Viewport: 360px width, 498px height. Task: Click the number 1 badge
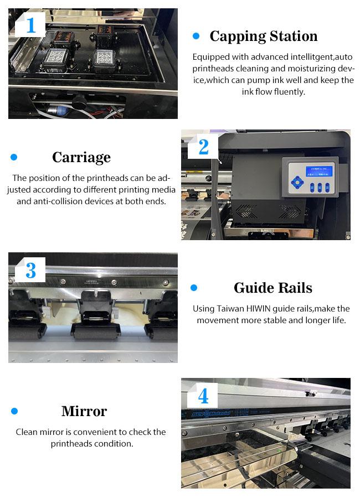point(30,25)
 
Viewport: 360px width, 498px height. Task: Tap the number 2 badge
point(203,147)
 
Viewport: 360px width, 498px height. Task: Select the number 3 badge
point(30,270)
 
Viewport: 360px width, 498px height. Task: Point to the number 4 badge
point(203,396)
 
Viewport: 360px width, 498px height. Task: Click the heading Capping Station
point(263,36)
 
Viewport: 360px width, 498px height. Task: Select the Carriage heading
point(81,158)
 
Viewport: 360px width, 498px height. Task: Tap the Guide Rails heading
point(273,288)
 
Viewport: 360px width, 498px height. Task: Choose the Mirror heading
point(84,411)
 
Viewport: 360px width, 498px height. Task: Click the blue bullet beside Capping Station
point(196,36)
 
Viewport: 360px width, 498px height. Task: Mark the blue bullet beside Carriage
point(14,157)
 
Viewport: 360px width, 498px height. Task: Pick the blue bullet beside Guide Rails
point(194,288)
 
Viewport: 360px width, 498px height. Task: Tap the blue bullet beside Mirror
point(14,411)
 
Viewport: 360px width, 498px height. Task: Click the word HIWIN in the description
point(259,309)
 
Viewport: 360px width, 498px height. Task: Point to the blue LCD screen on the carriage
point(319,171)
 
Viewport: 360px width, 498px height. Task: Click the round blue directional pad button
point(297,183)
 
